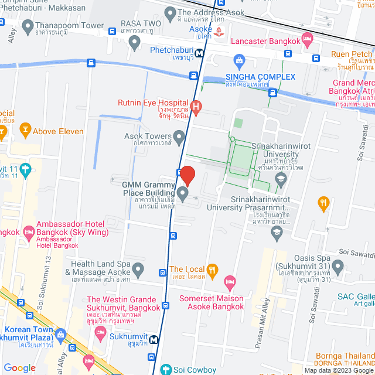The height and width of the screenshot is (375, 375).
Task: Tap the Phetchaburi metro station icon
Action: click(200, 52)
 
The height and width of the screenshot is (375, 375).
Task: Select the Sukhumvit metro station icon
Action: click(154, 339)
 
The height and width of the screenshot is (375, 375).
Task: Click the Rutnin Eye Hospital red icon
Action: click(196, 108)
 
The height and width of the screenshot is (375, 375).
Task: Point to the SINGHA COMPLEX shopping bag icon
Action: click(239, 60)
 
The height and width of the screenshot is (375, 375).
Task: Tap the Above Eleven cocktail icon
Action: click(25, 128)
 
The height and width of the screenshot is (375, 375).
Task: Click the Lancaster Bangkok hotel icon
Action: click(306, 40)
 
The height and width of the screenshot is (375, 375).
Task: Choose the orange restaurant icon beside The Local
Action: click(213, 270)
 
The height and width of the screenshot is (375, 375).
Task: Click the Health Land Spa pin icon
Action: click(138, 270)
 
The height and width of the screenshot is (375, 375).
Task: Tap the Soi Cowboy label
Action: click(196, 370)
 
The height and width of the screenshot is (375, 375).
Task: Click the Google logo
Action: click(19, 367)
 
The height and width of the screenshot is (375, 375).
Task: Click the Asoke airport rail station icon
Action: click(219, 30)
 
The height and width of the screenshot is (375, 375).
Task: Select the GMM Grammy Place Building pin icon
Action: click(183, 194)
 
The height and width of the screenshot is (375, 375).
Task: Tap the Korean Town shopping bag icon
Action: click(60, 336)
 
